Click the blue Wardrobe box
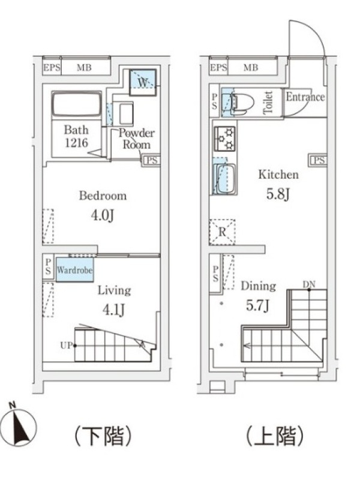pos(74,269)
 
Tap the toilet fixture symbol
pos(242,101)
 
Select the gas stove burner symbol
pos(224,139)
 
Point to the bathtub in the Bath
pos(77,104)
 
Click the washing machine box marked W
pos(142,82)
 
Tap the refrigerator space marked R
pos(222,232)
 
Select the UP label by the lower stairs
pos(66,346)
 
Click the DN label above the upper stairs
pos(309,284)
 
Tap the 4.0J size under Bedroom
pos(103,215)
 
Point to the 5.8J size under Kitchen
pos(278,194)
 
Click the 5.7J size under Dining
pos(257,305)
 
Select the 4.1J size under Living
pos(113,310)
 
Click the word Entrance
pos(305,97)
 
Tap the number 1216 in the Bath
pos(76,142)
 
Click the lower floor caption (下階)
pos(103,436)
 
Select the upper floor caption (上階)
pos(275,436)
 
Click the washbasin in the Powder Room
pos(126,113)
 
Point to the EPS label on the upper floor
pos(218,67)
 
